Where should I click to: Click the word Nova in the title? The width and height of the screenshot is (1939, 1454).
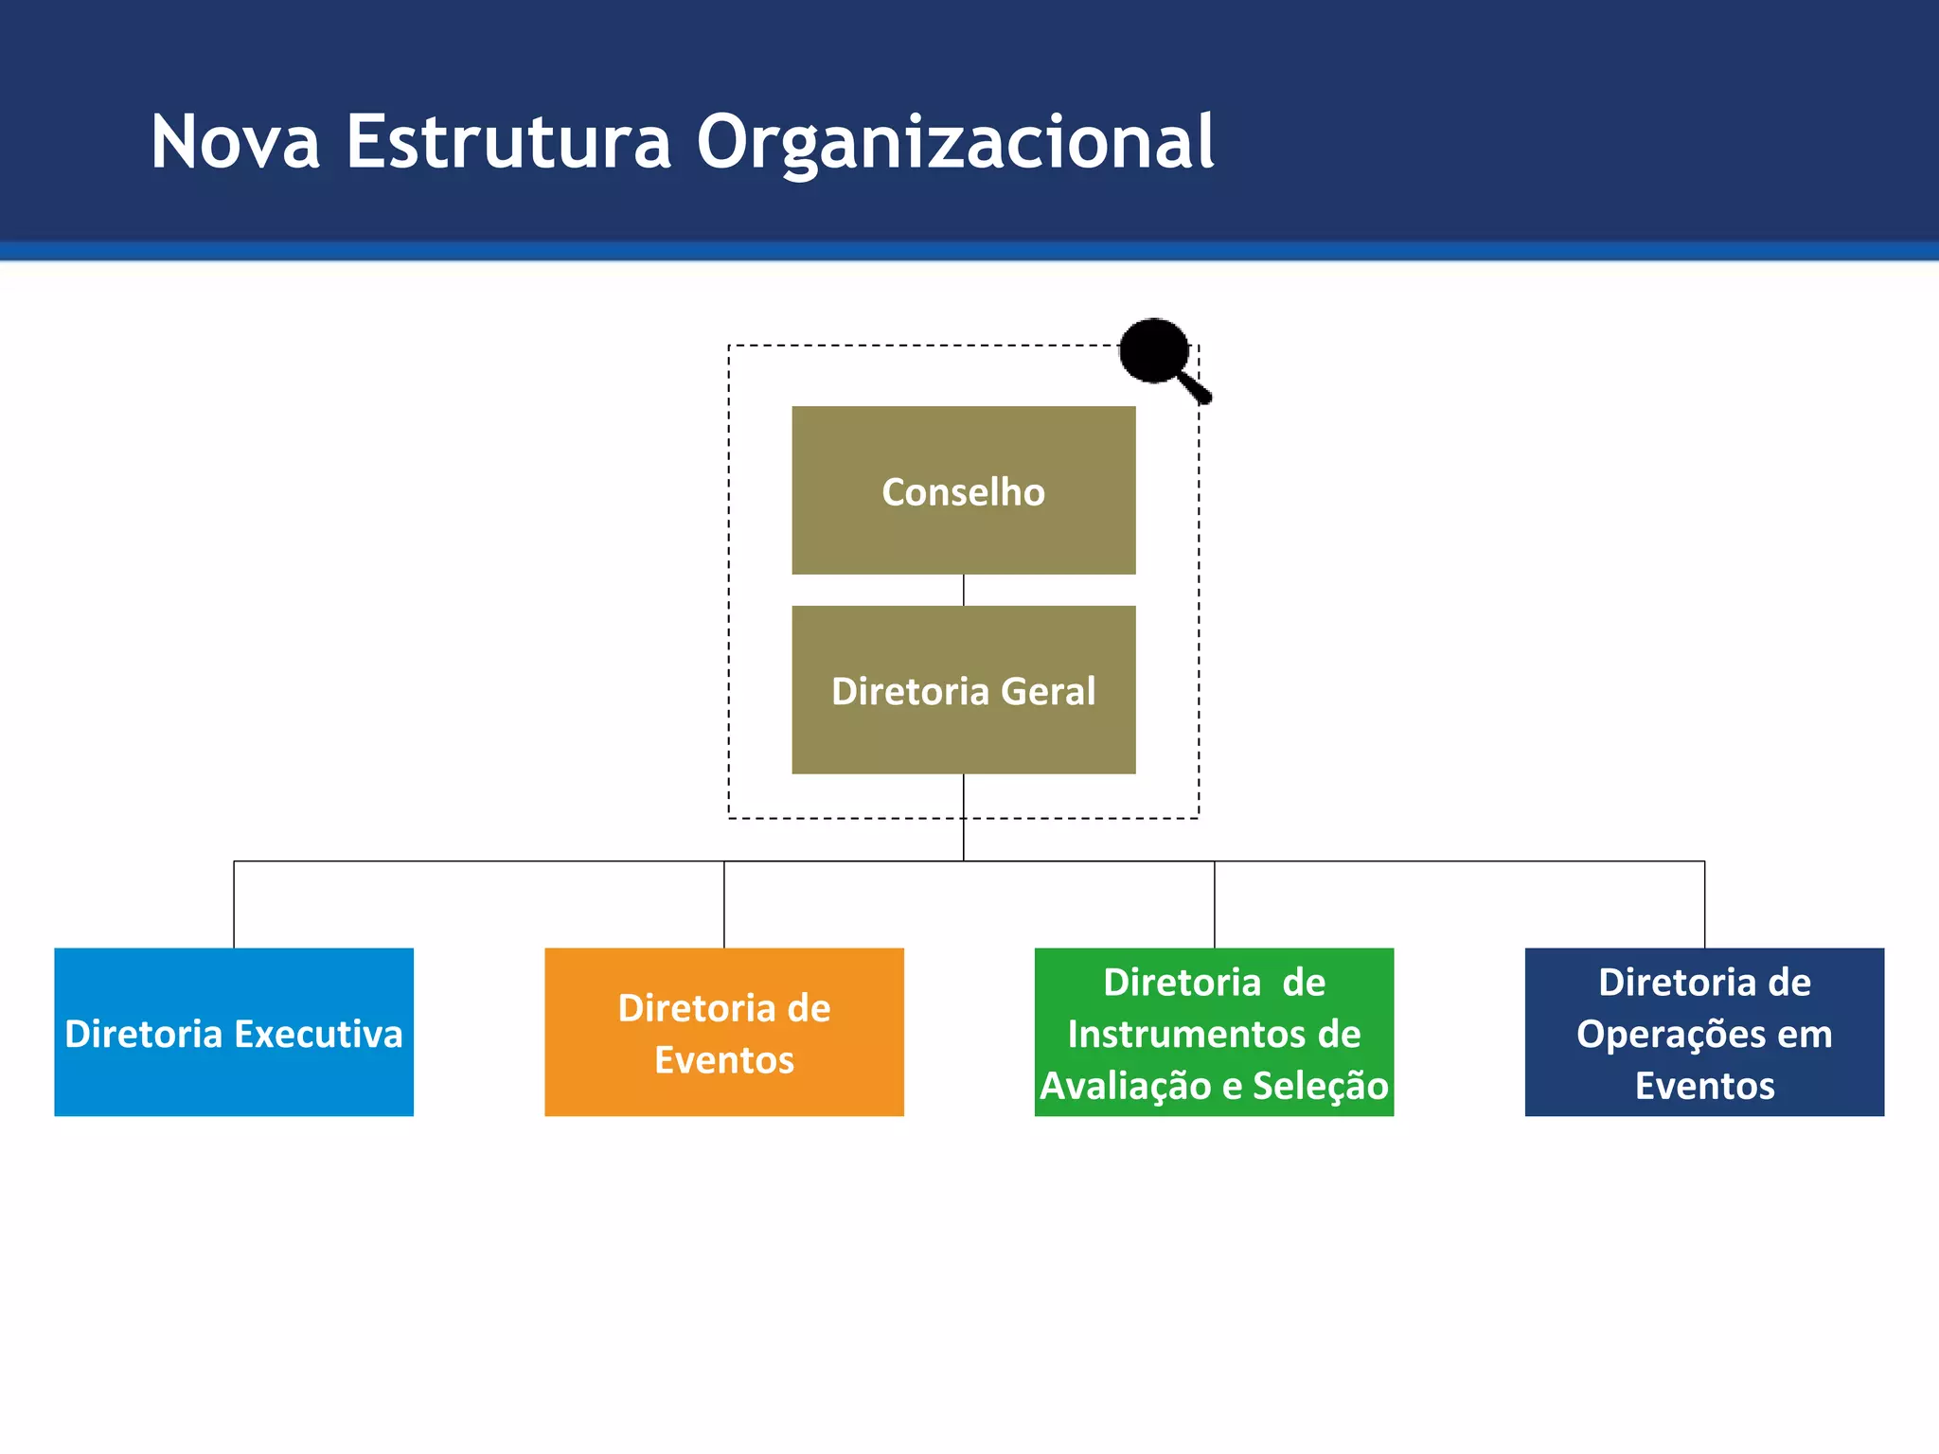click(235, 142)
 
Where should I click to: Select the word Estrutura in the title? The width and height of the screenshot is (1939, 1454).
click(508, 142)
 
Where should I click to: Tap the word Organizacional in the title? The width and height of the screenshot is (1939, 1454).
click(954, 144)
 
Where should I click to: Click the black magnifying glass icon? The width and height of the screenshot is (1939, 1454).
click(1157, 352)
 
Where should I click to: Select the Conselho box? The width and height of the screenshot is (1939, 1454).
click(963, 490)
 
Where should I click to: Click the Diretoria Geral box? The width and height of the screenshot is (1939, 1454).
click(963, 689)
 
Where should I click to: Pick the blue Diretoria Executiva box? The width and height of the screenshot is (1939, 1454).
click(234, 1032)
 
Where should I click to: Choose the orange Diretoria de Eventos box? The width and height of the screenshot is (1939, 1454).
click(724, 1032)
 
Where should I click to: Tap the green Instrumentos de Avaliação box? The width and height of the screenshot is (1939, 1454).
click(1214, 1032)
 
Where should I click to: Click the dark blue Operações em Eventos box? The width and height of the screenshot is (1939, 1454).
click(1704, 1032)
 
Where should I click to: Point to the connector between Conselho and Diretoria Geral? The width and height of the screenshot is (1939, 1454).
click(964, 590)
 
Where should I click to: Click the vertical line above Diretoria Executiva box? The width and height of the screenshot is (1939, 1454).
click(234, 904)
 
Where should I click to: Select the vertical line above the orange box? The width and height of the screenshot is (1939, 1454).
click(724, 904)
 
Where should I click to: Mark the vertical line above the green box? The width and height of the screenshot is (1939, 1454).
click(1215, 904)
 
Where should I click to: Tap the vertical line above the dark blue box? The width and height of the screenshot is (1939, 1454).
click(1705, 904)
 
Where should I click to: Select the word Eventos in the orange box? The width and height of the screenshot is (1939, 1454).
click(724, 1060)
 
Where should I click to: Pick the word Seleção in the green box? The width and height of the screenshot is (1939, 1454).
click(1320, 1086)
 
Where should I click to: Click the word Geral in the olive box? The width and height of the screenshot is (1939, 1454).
click(1048, 691)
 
